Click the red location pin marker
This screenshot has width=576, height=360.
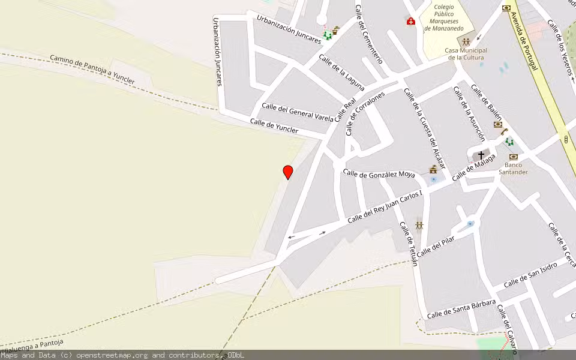(x=288, y=172)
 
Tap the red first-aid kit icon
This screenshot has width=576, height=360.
(x=411, y=22)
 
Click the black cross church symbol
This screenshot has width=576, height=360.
(x=481, y=155)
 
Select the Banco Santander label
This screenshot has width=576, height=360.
(x=513, y=168)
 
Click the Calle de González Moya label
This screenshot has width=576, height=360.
(x=379, y=174)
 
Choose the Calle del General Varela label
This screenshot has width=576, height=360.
(x=297, y=112)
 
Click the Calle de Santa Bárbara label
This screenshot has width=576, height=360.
(x=461, y=307)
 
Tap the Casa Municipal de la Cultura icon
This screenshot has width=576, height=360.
(x=466, y=42)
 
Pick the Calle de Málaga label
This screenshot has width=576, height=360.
(x=474, y=167)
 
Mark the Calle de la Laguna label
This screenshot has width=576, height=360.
(x=341, y=72)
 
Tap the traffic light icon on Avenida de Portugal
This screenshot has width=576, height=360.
(x=566, y=139)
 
